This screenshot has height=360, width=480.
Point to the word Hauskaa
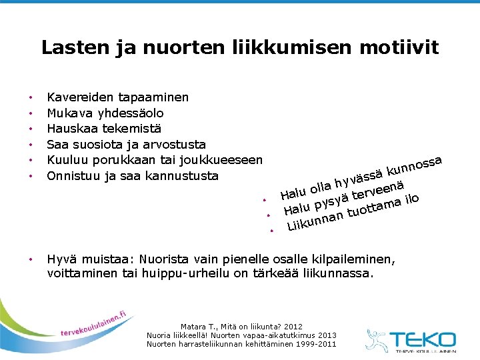pyautogui.click(x=71, y=129)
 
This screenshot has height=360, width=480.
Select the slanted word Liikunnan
pyautogui.click(x=315, y=221)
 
